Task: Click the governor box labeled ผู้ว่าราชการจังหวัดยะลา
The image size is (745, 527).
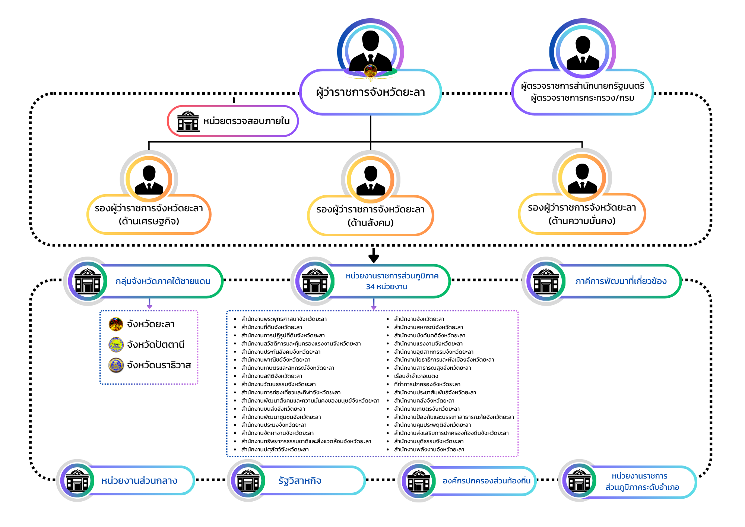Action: click(x=371, y=92)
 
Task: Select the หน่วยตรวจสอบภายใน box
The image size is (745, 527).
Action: click(x=233, y=121)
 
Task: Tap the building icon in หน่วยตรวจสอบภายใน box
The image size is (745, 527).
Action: click(x=188, y=121)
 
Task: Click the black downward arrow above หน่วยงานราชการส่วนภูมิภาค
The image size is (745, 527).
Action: click(x=374, y=255)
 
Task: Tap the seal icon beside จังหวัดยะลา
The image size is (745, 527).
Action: click(x=116, y=324)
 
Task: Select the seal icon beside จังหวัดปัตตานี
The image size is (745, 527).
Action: click(x=116, y=345)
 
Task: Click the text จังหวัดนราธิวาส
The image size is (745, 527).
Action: click(x=159, y=365)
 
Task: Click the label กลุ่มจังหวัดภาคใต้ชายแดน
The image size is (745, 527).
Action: click(x=163, y=281)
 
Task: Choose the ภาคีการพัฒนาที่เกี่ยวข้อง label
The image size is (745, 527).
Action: click(x=621, y=281)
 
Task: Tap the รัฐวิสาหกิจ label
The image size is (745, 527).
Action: click(x=300, y=481)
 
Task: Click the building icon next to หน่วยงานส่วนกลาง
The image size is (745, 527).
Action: click(x=77, y=480)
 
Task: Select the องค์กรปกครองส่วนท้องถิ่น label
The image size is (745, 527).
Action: click(x=486, y=481)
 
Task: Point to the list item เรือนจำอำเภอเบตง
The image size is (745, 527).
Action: click(x=416, y=376)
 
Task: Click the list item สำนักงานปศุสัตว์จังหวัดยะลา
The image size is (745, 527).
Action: click(x=275, y=449)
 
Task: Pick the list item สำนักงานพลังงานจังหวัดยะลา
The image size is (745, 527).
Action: click(x=429, y=449)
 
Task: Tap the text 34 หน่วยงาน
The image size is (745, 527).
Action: click(x=387, y=287)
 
